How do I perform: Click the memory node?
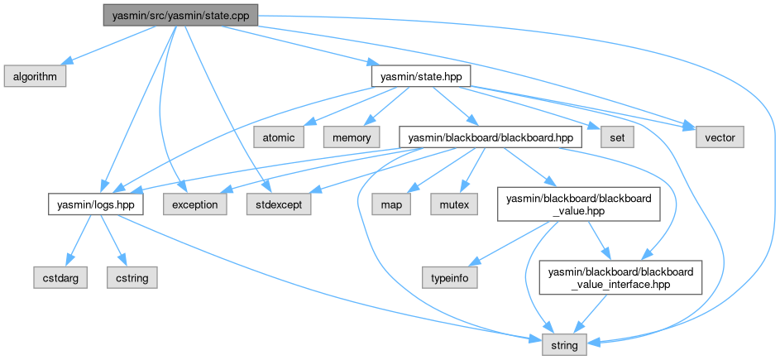[352, 136]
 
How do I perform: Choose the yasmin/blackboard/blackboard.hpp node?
[490, 136]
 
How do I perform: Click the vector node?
[713, 136]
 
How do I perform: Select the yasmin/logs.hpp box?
[95, 204]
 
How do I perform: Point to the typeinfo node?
[450, 278]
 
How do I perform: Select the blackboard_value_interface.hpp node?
[620, 278]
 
